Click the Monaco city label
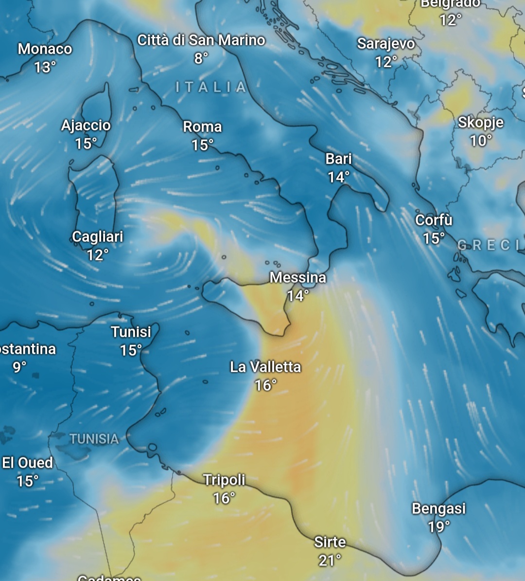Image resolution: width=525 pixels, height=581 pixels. coord(45,49)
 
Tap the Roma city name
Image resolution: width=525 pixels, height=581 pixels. coord(202,127)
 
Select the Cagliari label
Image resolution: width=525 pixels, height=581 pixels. coord(98,236)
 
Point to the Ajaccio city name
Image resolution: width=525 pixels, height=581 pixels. coord(86,125)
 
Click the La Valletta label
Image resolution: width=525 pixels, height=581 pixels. coord(265,366)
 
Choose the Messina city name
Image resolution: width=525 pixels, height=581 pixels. coord(298,277)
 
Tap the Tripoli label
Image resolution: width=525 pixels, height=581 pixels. coord(224,480)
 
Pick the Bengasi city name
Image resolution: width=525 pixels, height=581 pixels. coord(438,508)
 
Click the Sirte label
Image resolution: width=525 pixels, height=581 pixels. coord(330,542)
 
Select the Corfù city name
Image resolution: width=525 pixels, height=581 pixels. coord(434,220)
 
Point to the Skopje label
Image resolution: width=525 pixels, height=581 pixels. coord(480,122)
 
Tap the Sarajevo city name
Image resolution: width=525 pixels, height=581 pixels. coord(386,43)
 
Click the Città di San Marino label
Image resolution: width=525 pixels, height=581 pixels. coord(201,40)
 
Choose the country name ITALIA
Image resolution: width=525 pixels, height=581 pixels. coord(211,87)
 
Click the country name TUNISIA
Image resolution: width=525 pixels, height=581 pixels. coord(94,439)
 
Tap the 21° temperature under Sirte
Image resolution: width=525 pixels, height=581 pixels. coord(330,560)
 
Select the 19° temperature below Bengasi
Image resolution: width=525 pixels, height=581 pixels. coord(438,527)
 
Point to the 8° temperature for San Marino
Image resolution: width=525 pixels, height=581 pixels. coord(201,58)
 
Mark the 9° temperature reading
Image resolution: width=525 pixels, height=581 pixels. coord(19,367)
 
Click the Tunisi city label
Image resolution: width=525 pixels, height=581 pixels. coord(131,332)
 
